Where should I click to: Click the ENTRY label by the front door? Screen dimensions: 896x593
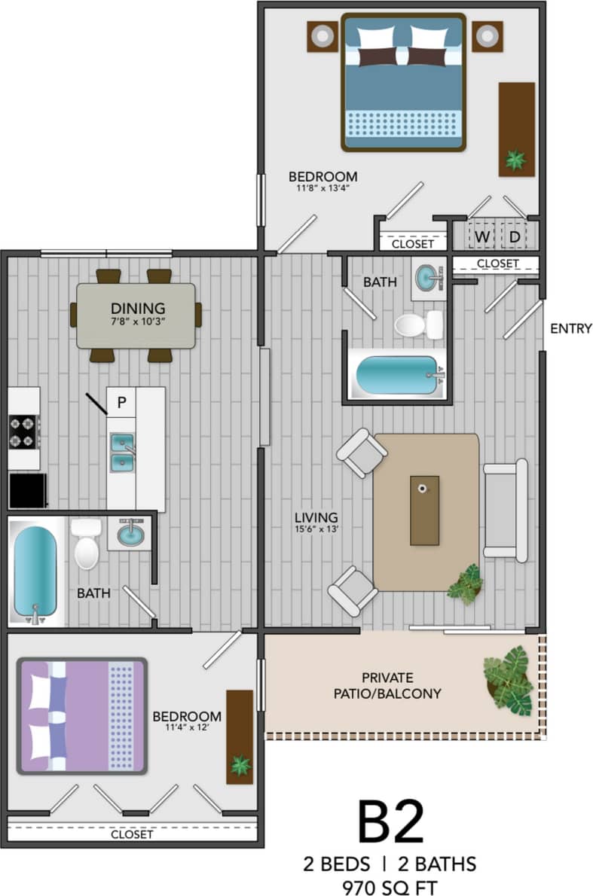[x=570, y=328]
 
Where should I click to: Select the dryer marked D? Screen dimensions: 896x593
[x=514, y=237]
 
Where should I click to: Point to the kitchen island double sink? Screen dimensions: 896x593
[x=121, y=452]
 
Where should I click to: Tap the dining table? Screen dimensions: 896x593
[x=136, y=315]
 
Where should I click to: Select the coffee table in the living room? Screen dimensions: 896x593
[x=424, y=510]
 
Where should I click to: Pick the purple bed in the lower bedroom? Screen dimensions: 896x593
[x=82, y=715]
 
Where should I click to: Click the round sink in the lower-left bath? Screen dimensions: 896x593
[x=129, y=535]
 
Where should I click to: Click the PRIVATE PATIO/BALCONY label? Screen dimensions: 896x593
[x=387, y=685]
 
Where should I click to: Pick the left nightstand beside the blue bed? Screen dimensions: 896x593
[x=322, y=35]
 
